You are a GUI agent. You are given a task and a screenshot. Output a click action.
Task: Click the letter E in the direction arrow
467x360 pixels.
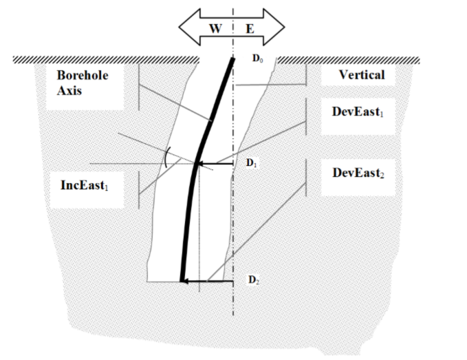(x=250, y=29)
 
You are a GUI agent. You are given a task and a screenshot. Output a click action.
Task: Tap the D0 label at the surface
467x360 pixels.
(x=257, y=59)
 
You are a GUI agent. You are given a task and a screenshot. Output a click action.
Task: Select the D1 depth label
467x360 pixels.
(x=251, y=164)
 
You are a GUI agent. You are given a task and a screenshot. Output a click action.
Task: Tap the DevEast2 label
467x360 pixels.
(x=358, y=173)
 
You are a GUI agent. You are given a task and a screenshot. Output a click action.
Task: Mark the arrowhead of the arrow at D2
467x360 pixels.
(x=184, y=281)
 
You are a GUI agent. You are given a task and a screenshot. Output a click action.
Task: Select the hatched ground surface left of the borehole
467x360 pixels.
(x=103, y=61)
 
